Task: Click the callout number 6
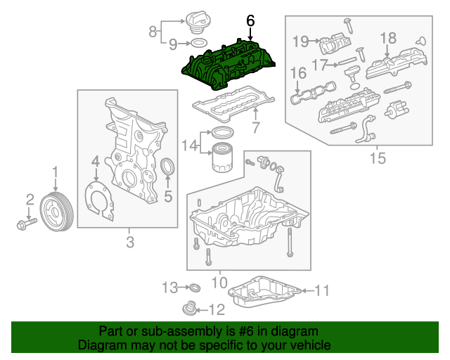point(250,22)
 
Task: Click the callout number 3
point(129,243)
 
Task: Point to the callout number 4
point(95,164)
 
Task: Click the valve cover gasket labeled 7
point(225,106)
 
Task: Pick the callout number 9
point(173,44)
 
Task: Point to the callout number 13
point(169,287)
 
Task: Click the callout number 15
point(378,158)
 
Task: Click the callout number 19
point(300,41)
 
